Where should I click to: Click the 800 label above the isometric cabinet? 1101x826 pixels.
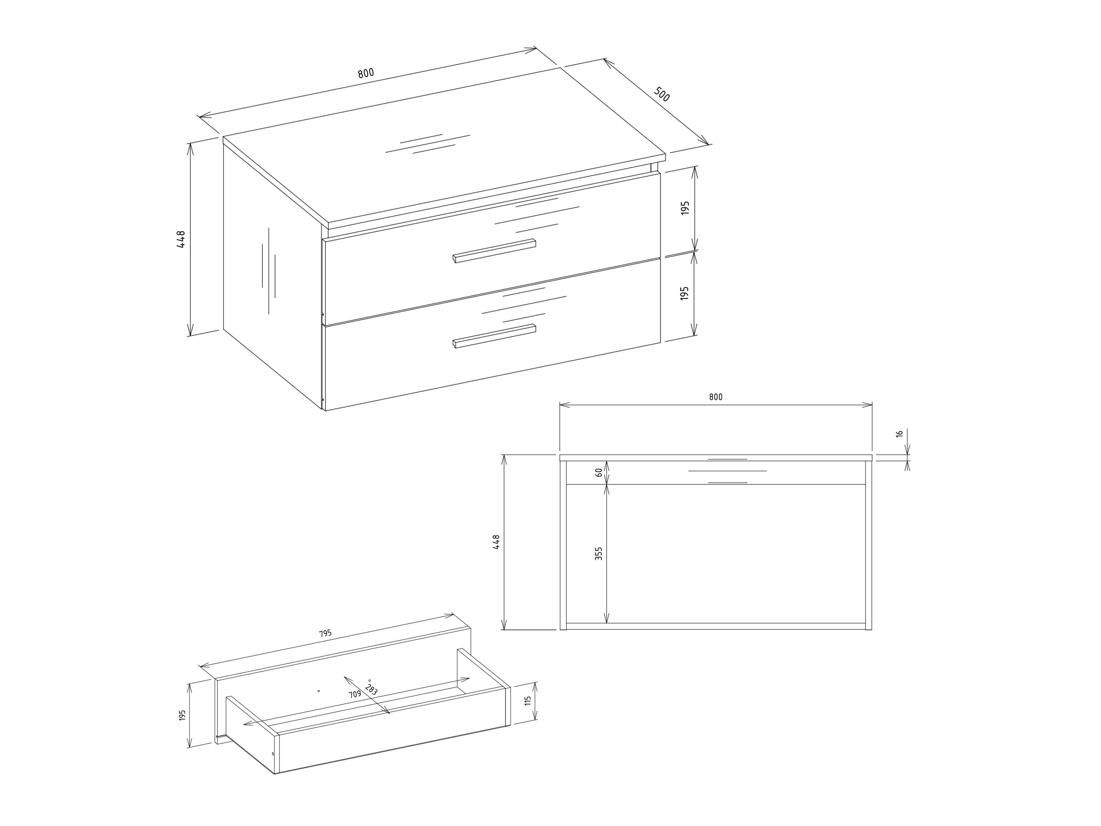click(x=366, y=73)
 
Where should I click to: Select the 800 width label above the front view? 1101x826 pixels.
click(x=716, y=397)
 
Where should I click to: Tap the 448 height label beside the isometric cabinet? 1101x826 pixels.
click(x=181, y=240)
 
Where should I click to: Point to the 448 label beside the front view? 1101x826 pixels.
click(x=496, y=542)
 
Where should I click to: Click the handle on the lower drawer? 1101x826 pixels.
click(x=494, y=336)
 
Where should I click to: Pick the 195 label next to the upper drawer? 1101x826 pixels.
click(x=685, y=208)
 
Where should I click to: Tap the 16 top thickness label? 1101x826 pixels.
click(x=899, y=434)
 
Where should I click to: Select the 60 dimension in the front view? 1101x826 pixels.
click(x=599, y=473)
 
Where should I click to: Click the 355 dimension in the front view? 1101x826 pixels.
click(x=599, y=554)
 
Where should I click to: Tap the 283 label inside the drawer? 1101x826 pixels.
click(x=371, y=690)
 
